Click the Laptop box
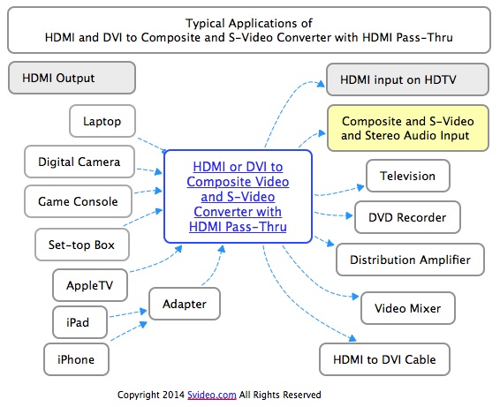102,121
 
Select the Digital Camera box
80,162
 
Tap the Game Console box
78,201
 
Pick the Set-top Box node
82,245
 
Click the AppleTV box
90,285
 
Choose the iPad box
80,322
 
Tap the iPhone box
76,359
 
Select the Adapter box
185,304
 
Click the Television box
408,176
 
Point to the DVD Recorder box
407,217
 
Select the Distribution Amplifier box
411,260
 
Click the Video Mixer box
408,308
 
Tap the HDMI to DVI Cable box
385,359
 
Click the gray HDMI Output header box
72,78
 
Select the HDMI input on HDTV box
407,79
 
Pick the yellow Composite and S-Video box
408,128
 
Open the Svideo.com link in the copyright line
212,395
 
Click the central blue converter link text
238,197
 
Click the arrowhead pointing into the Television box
360,187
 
